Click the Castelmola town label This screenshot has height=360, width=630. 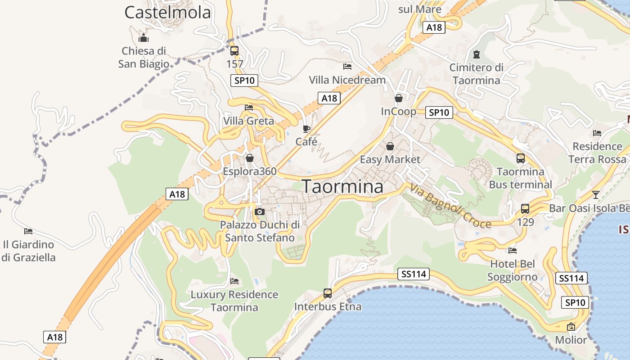tap(167, 13)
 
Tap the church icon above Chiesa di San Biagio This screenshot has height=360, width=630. tap(144, 38)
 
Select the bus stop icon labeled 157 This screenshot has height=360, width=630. tap(234, 51)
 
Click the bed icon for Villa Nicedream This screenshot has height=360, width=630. tap(347, 67)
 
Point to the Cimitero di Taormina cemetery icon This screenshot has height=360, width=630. tap(477, 55)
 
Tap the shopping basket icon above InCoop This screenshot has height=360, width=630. tap(399, 98)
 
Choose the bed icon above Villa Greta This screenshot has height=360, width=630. tap(249, 108)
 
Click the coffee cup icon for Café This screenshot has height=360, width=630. tap(306, 129)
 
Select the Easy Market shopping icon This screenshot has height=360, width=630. tap(390, 146)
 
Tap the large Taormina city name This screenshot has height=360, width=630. tap(342, 186)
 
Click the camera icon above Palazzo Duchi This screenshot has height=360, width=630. tap(259, 211)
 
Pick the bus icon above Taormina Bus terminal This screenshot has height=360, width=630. tap(521, 158)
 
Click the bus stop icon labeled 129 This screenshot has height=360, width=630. tap(525, 209)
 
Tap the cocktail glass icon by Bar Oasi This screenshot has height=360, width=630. tap(596, 195)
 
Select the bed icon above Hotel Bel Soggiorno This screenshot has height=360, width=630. tap(513, 251)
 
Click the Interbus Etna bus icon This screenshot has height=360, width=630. tap(328, 293)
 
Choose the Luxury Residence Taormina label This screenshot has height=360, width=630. tap(234, 301)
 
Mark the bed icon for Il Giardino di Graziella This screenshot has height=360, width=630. tap(28, 231)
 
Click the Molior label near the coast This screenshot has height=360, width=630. tap(571, 340)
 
